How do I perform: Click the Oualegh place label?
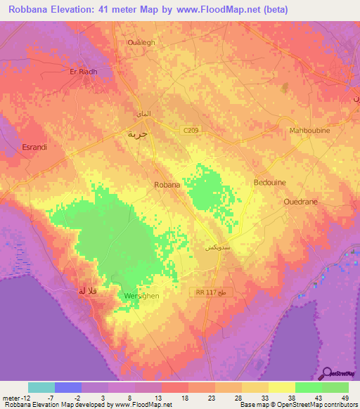click(141, 42)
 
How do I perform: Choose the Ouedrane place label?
click(303, 201)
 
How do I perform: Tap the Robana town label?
click(167, 185)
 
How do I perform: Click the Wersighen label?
click(141, 296)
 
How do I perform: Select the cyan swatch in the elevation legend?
click(41, 387)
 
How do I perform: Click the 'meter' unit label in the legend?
click(12, 398)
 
